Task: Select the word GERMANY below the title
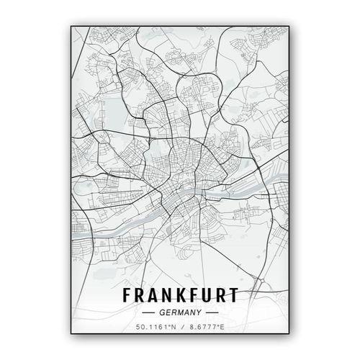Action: tap(181, 312)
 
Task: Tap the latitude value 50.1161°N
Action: tap(153, 328)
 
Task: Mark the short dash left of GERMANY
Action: tap(148, 312)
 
